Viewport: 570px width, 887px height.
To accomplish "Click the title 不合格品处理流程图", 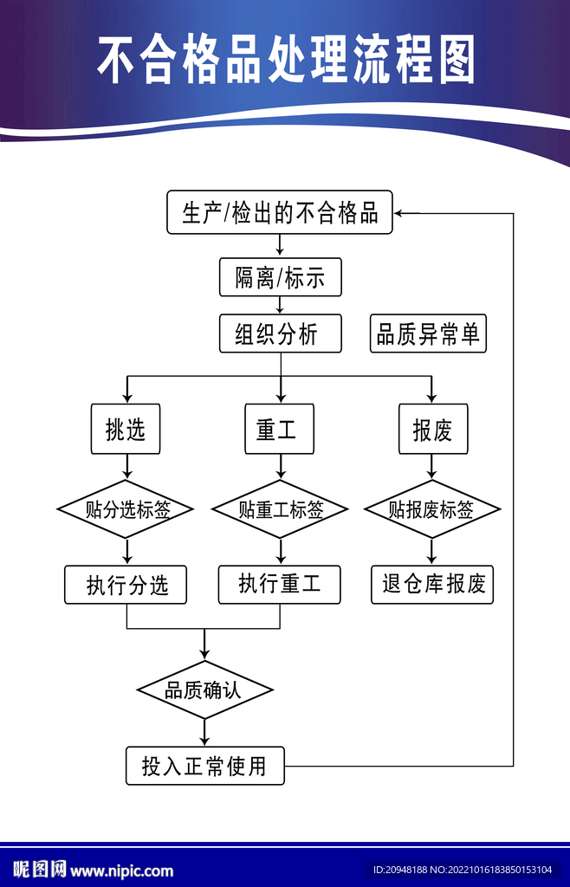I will tap(286, 60).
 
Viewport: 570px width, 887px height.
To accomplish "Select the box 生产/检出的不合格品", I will tap(279, 213).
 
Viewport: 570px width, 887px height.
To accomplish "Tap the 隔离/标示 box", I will tap(280, 278).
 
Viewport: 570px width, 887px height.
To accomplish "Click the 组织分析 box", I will tap(280, 333).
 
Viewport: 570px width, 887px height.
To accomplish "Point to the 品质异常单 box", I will tap(428, 333).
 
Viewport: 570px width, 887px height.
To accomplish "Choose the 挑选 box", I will tap(126, 430).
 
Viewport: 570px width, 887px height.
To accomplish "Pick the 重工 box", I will tap(279, 430).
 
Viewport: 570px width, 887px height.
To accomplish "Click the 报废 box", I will tap(432, 430).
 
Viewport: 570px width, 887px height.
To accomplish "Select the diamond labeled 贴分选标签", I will tap(126, 509).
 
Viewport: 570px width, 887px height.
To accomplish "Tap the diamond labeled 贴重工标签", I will tap(280, 509).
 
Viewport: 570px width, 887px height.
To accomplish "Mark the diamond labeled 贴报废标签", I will tap(431, 509).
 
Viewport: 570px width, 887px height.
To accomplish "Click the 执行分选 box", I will tap(126, 586).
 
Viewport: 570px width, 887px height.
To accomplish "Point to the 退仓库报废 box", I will tap(431, 586).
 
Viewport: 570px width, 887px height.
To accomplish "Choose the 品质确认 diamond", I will tap(204, 690).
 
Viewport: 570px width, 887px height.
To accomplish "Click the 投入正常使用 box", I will tap(204, 766).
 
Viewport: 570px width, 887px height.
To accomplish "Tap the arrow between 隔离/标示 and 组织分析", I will tap(280, 306).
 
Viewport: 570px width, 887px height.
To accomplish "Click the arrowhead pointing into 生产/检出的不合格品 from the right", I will tap(399, 213).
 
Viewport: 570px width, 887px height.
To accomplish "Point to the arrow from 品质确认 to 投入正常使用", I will tap(204, 733).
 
